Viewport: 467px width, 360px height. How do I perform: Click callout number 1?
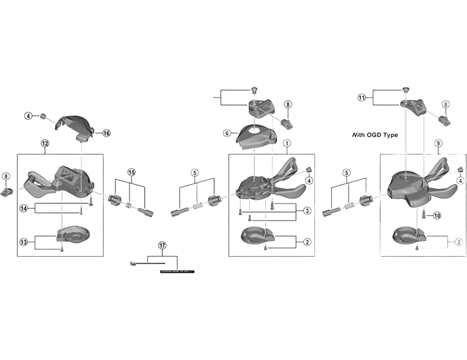point(287,143)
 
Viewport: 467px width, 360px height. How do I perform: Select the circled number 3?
point(307,211)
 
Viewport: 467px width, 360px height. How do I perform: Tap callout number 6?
point(226,133)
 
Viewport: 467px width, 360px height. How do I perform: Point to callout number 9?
point(438,143)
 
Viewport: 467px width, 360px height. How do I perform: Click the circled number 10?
point(437,215)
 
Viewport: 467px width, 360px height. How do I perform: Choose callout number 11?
point(362,98)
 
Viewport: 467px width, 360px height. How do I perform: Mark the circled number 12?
point(45,143)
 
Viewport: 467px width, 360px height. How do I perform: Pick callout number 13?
point(24,242)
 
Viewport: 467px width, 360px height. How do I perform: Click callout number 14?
point(24,208)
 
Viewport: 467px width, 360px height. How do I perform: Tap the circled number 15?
point(131,172)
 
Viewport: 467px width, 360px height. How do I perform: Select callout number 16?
point(106,133)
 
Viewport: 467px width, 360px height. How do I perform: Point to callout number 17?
point(162,246)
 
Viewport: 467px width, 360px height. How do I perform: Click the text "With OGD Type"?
point(375,134)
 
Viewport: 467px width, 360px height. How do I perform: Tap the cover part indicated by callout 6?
point(255,137)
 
